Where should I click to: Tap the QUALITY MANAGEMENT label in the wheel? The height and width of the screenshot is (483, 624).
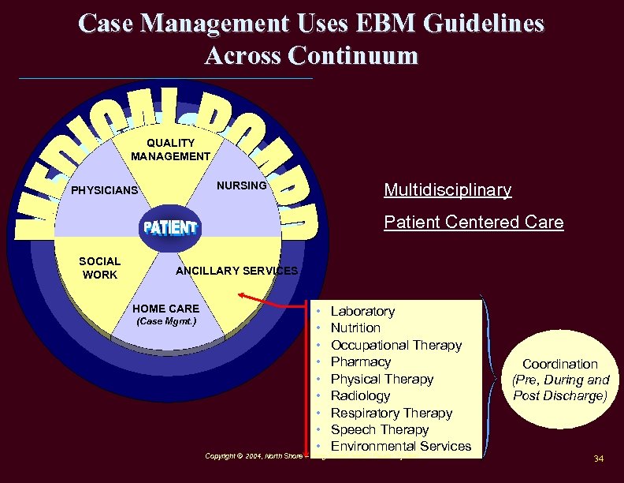point(170,149)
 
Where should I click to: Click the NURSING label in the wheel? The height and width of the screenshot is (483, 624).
point(242,185)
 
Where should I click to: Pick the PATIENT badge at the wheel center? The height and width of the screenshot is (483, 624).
point(169,228)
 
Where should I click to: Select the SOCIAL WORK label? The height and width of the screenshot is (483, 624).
point(100,268)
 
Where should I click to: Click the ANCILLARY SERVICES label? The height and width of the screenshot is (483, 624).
point(236,271)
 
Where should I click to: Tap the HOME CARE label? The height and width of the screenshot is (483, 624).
point(166,308)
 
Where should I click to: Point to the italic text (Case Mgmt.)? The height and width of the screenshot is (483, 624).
point(166,321)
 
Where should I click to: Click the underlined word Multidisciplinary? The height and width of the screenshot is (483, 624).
point(448,190)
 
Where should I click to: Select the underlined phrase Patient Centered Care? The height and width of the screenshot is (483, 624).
point(474,223)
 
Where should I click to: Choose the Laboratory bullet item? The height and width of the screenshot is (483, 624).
point(362,311)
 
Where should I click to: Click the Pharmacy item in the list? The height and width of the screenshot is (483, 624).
point(361,361)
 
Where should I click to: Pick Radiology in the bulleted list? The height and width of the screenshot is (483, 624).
point(360,395)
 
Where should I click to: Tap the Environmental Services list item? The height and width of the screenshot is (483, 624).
point(400,447)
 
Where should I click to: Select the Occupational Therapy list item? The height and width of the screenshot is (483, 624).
point(396,345)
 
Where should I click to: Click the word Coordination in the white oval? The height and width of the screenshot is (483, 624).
point(560,364)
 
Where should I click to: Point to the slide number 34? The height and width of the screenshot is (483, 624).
point(598,459)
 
